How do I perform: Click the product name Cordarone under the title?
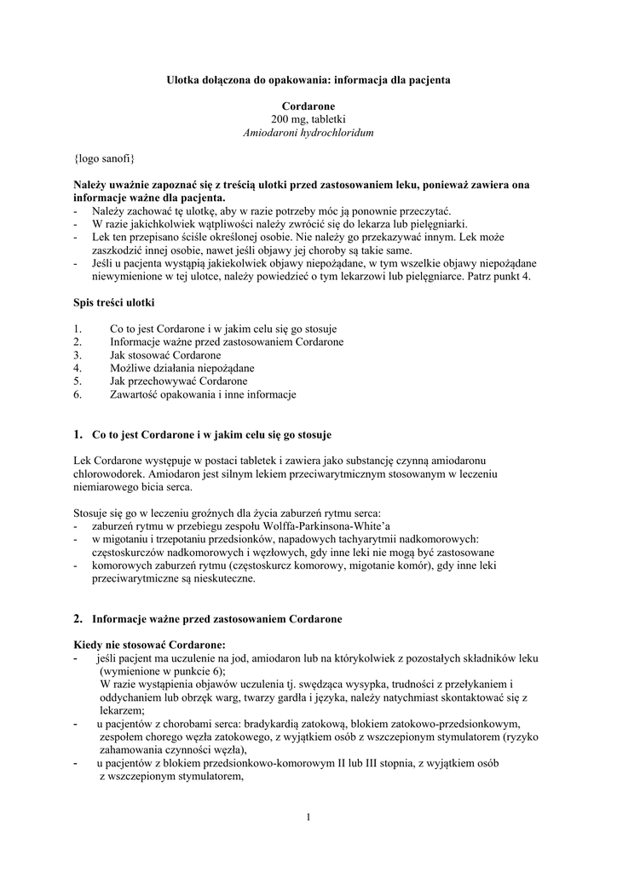pyautogui.click(x=308, y=106)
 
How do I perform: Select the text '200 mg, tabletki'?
pyautogui.click(x=308, y=120)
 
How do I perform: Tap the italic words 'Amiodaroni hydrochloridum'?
pyautogui.click(x=308, y=134)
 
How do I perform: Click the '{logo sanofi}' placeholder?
pyautogui.click(x=104, y=159)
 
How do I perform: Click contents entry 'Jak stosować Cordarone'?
pyautogui.click(x=165, y=355)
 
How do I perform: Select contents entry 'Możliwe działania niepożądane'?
pyautogui.click(x=182, y=369)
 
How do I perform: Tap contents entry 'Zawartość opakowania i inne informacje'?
pyautogui.click(x=203, y=395)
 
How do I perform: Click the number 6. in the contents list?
pyautogui.click(x=78, y=395)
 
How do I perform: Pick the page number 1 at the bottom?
pyautogui.click(x=308, y=818)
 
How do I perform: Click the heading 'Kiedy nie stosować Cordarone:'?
pyautogui.click(x=150, y=645)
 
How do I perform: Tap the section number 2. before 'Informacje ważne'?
pyautogui.click(x=78, y=617)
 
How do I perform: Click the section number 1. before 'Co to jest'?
pyautogui.click(x=78, y=434)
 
